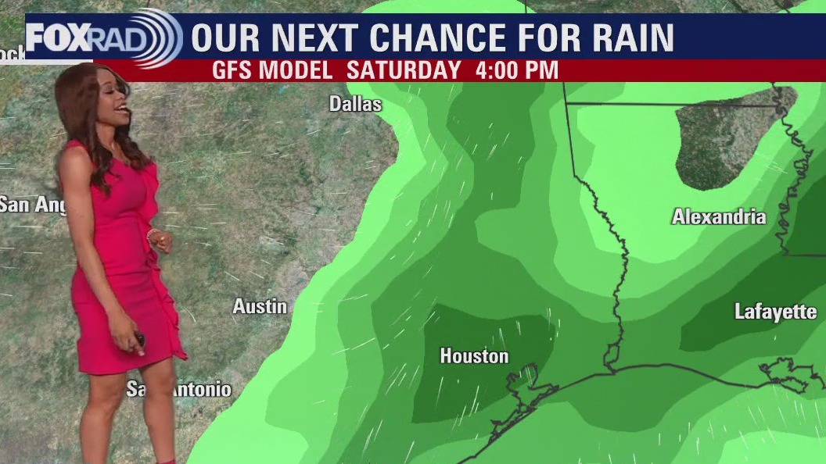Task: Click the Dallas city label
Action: click(355, 104)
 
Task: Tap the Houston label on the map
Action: click(474, 356)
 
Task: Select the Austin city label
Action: click(260, 307)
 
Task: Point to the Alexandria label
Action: click(719, 217)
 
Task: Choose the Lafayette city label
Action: click(775, 312)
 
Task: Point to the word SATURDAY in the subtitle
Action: click(404, 70)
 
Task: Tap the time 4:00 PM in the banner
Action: click(516, 70)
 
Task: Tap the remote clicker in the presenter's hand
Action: click(138, 338)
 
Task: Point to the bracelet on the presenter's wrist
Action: click(151, 234)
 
